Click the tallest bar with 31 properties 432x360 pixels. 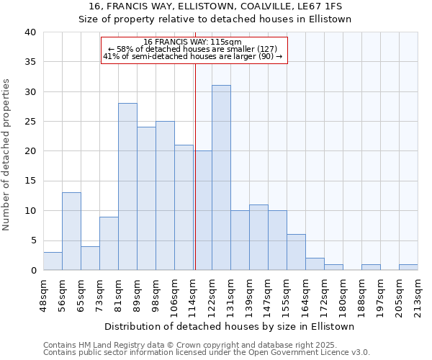coord(221,178)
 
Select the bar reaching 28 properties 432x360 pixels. coord(127,186)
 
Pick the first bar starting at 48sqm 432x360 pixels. coord(53,261)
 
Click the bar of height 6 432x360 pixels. coord(296,252)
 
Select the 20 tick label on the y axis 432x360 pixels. coord(32,151)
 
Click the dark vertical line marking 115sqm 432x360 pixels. coord(195,166)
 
